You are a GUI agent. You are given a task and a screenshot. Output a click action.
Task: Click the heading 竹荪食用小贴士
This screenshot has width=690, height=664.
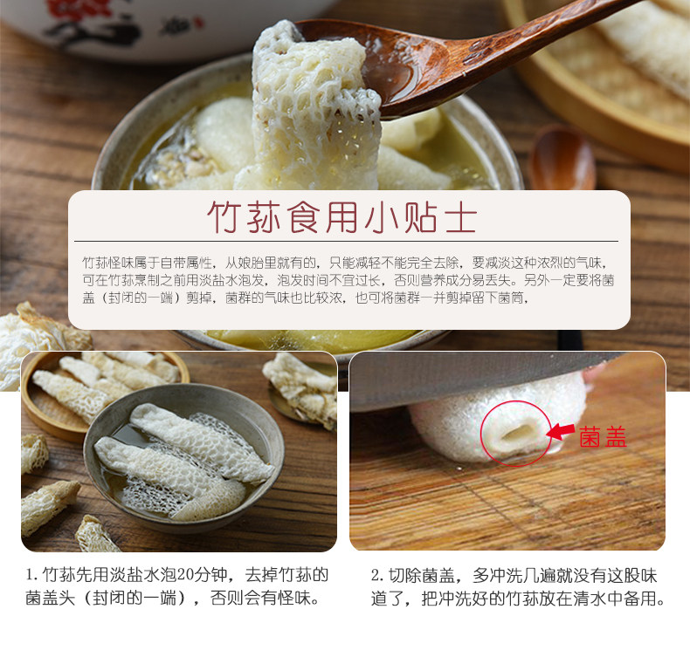(342, 217)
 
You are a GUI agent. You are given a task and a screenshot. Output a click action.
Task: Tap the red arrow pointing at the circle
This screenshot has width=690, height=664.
(560, 431)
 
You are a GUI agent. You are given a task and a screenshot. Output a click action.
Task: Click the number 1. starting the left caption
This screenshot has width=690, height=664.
(31, 575)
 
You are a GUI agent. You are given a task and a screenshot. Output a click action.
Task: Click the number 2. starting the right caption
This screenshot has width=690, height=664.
(377, 575)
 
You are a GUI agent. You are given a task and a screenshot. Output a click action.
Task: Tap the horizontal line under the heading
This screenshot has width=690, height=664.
(345, 241)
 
